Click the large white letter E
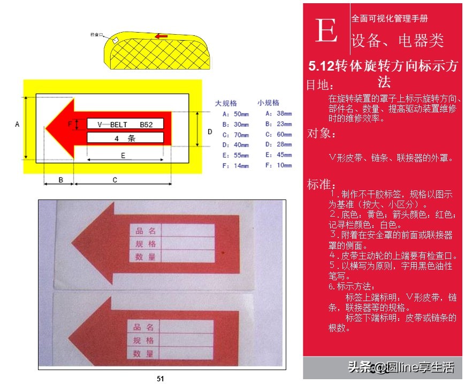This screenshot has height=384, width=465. tap(326, 30)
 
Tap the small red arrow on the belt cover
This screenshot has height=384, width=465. tap(161, 36)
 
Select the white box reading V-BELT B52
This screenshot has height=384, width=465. tap(125, 124)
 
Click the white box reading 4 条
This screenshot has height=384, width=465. tap(125, 137)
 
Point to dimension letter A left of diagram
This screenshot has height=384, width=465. tap(17, 125)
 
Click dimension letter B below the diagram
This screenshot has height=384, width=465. tap(60, 180)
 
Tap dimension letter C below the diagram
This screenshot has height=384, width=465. tap(115, 180)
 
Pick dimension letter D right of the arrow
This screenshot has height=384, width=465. tap(210, 131)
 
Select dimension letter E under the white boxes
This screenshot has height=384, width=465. tap(123, 155)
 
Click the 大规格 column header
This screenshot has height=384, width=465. tap(226, 103)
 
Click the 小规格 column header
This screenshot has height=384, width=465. tap(268, 103)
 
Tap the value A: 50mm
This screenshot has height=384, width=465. tap(235, 114)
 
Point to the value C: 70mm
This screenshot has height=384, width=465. tap(235, 135)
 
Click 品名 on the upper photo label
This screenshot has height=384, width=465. tap(146, 231)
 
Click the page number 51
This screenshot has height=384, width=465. tap(161, 379)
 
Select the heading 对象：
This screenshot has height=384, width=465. tap(322, 134)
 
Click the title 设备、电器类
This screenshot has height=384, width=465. tap(398, 41)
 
